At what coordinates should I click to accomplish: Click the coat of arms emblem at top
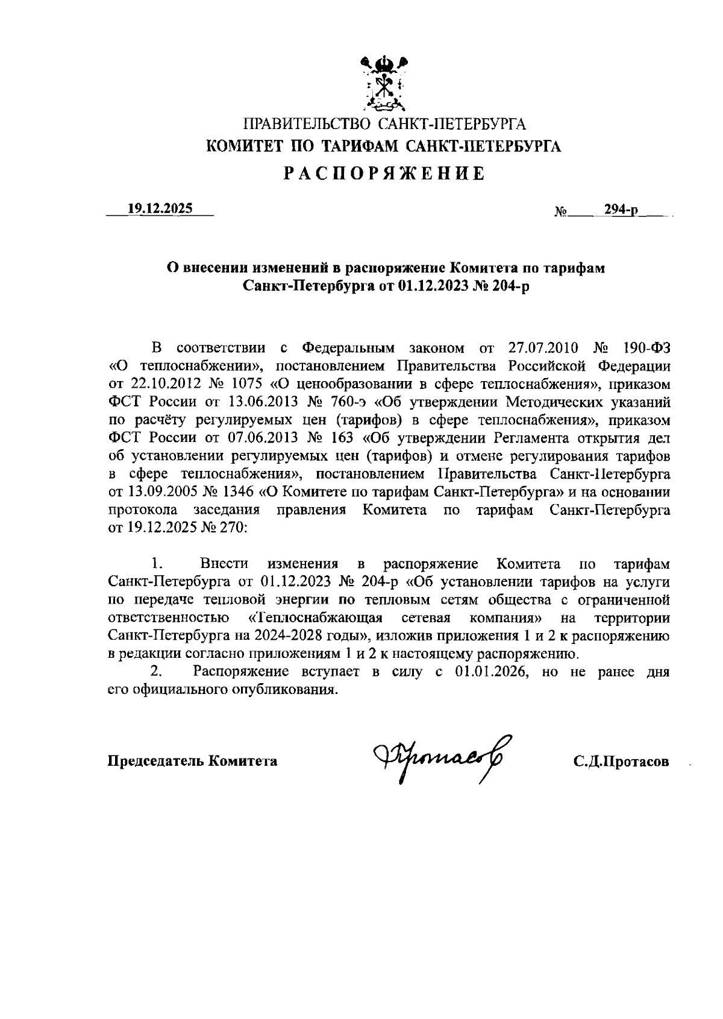383,84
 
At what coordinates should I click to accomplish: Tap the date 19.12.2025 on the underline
160,209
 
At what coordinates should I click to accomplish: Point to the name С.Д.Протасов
621,761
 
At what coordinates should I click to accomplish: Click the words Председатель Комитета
192,761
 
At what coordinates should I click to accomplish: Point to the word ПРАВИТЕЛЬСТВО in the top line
306,125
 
